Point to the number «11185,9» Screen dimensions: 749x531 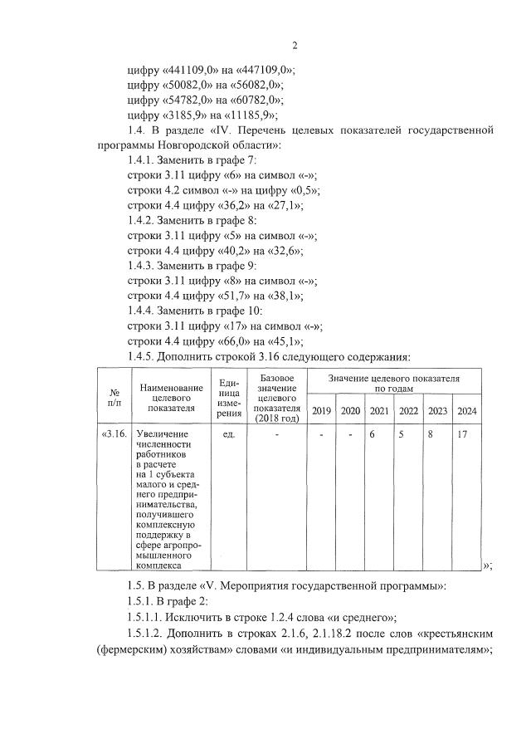pyautogui.click(x=249, y=115)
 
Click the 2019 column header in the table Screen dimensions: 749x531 pyautogui.click(x=321, y=411)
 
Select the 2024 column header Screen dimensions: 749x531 pyautogui.click(x=467, y=411)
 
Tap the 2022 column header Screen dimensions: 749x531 pyautogui.click(x=408, y=411)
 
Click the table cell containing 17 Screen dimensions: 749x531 pyautogui.click(x=463, y=433)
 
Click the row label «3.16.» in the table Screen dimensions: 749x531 pyautogui.click(x=114, y=433)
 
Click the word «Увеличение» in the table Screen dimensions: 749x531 pyautogui.click(x=163, y=433)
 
